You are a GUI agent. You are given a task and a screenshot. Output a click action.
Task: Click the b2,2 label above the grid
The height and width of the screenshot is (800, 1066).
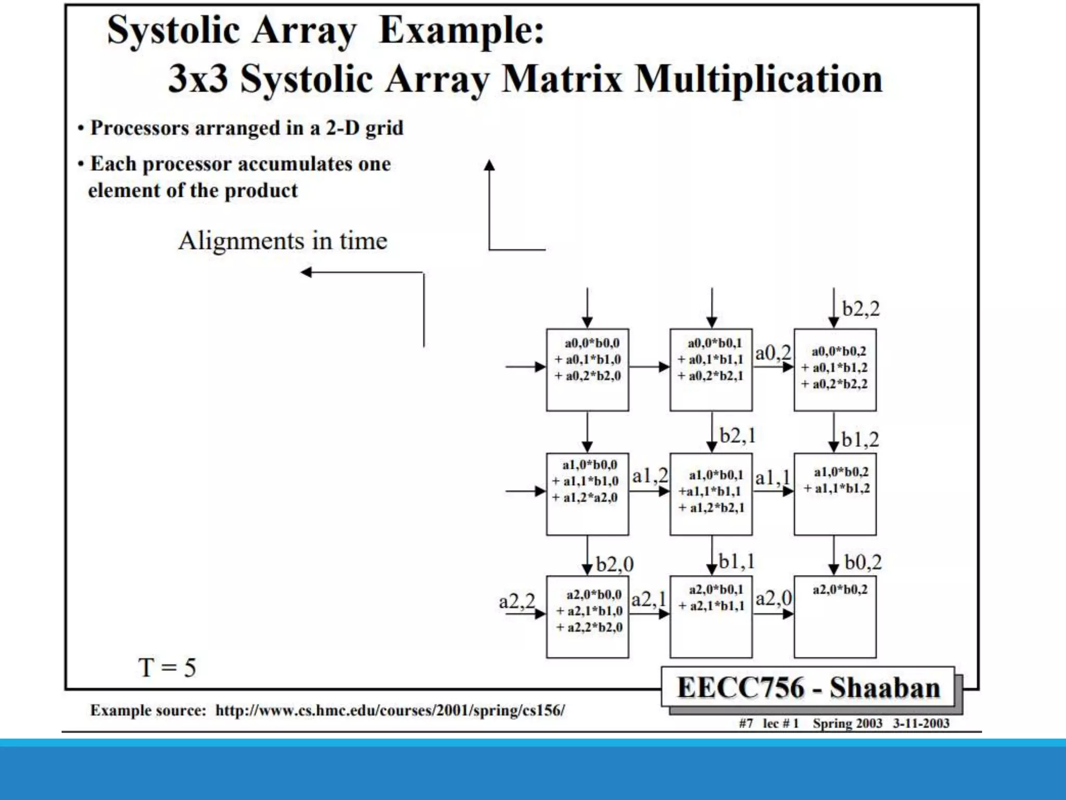pos(861,309)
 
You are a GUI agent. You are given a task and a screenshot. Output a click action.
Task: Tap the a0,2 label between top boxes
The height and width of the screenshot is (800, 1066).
pos(773,353)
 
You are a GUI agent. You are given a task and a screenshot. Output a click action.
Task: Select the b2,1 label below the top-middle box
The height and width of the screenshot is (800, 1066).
pos(737,435)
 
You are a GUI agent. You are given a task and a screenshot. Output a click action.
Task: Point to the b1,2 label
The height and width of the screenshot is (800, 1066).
pos(860,440)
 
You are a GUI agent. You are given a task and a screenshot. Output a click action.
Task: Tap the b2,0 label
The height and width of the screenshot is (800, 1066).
pos(615,564)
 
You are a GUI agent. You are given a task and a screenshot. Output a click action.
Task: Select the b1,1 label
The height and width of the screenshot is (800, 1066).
pos(737,561)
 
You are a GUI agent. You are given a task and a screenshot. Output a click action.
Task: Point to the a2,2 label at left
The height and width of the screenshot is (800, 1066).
pos(517,601)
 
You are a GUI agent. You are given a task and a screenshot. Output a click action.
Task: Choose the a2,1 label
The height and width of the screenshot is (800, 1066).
pos(649,599)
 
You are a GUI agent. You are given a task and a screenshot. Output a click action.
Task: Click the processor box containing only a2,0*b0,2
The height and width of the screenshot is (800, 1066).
pos(835,617)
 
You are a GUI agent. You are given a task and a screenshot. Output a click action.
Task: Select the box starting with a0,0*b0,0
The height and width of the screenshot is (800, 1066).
pos(587,370)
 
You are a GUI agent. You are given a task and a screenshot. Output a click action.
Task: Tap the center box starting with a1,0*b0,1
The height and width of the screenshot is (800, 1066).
pos(711,494)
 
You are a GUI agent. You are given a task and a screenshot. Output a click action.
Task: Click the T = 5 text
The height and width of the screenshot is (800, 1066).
pos(167,667)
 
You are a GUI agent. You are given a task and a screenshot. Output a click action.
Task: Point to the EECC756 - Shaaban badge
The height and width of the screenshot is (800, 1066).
pos(808,687)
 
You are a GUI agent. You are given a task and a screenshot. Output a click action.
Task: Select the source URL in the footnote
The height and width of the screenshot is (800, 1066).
pos(390,710)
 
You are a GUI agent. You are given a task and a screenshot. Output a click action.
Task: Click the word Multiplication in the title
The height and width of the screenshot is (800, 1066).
pos(758,80)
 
